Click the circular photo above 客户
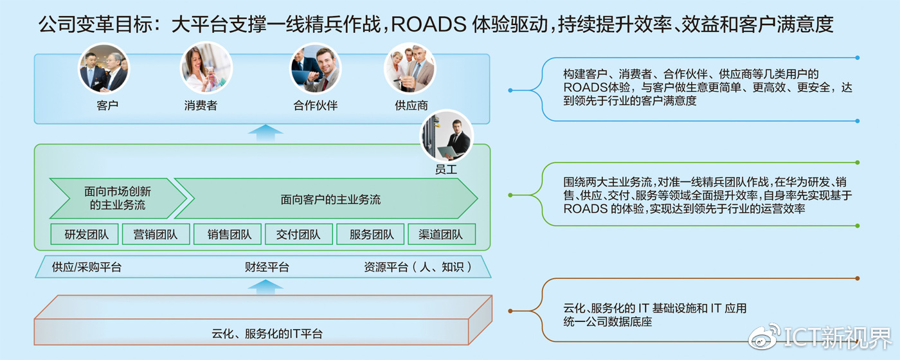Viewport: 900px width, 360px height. click(104, 68)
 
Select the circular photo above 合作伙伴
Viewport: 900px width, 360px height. click(316, 68)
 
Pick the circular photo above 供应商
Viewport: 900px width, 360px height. click(410, 68)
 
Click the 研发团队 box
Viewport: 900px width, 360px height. click(87, 235)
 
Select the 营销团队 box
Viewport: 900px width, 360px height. click(156, 235)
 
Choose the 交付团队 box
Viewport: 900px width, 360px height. click(298, 235)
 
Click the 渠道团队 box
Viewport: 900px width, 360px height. click(441, 235)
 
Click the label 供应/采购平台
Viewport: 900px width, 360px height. click(87, 267)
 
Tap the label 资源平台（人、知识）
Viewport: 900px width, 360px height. click(418, 267)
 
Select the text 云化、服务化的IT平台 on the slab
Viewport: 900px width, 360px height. click(267, 334)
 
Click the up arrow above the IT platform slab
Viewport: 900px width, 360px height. click(265, 287)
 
